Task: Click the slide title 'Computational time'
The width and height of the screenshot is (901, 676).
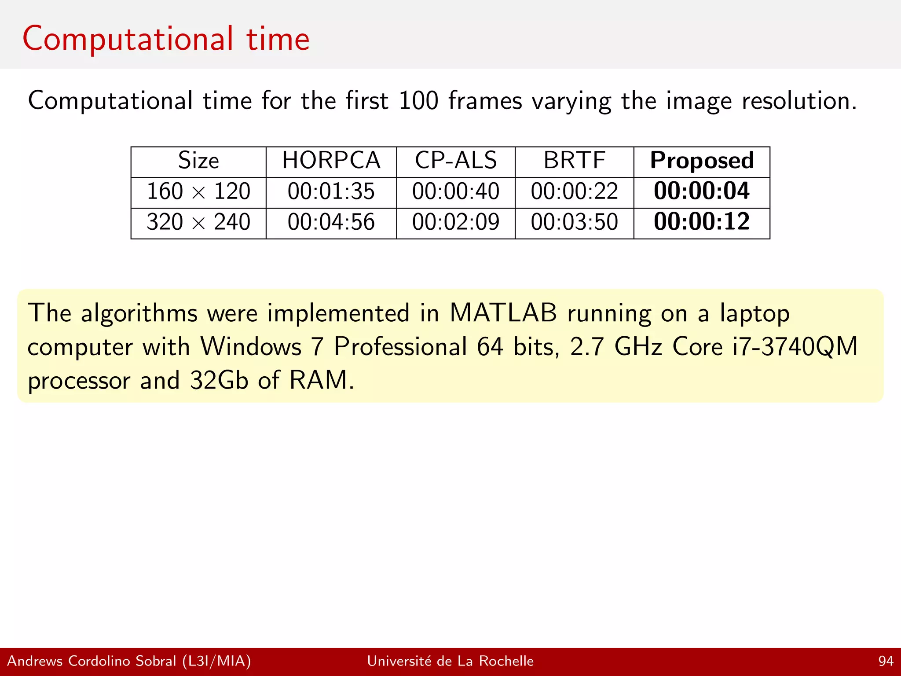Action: pyautogui.click(x=166, y=39)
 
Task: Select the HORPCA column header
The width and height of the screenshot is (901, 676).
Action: pyautogui.click(x=331, y=161)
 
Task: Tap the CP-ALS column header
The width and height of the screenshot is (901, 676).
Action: pyautogui.click(x=456, y=161)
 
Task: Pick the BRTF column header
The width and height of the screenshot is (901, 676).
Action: pyautogui.click(x=574, y=161)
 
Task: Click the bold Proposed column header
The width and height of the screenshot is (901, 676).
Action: pyautogui.click(x=702, y=161)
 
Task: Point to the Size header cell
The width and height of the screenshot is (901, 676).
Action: pyautogui.click(x=198, y=161)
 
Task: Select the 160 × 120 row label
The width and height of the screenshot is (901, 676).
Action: pyautogui.click(x=198, y=191)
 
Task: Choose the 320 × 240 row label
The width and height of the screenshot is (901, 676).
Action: pyautogui.click(x=198, y=222)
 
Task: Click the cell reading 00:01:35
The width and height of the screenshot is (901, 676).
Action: pyautogui.click(x=331, y=191)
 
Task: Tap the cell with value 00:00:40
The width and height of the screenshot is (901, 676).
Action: pyautogui.click(x=456, y=191)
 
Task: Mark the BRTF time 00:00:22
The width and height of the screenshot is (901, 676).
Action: pyautogui.click(x=574, y=191)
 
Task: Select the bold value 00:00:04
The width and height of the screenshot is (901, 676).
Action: pyautogui.click(x=702, y=191)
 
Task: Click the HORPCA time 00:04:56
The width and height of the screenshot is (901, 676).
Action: pyautogui.click(x=331, y=222)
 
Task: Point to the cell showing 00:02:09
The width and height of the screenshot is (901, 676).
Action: pyautogui.click(x=456, y=222)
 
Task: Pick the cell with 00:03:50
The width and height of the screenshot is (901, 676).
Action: pyautogui.click(x=574, y=222)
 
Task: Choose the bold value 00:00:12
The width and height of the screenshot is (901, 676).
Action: pyautogui.click(x=702, y=222)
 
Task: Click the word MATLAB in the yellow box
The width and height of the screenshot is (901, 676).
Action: pyautogui.click(x=503, y=313)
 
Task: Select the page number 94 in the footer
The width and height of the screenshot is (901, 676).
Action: pyautogui.click(x=886, y=661)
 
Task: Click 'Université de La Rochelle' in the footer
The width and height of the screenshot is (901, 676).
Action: pyautogui.click(x=450, y=661)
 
